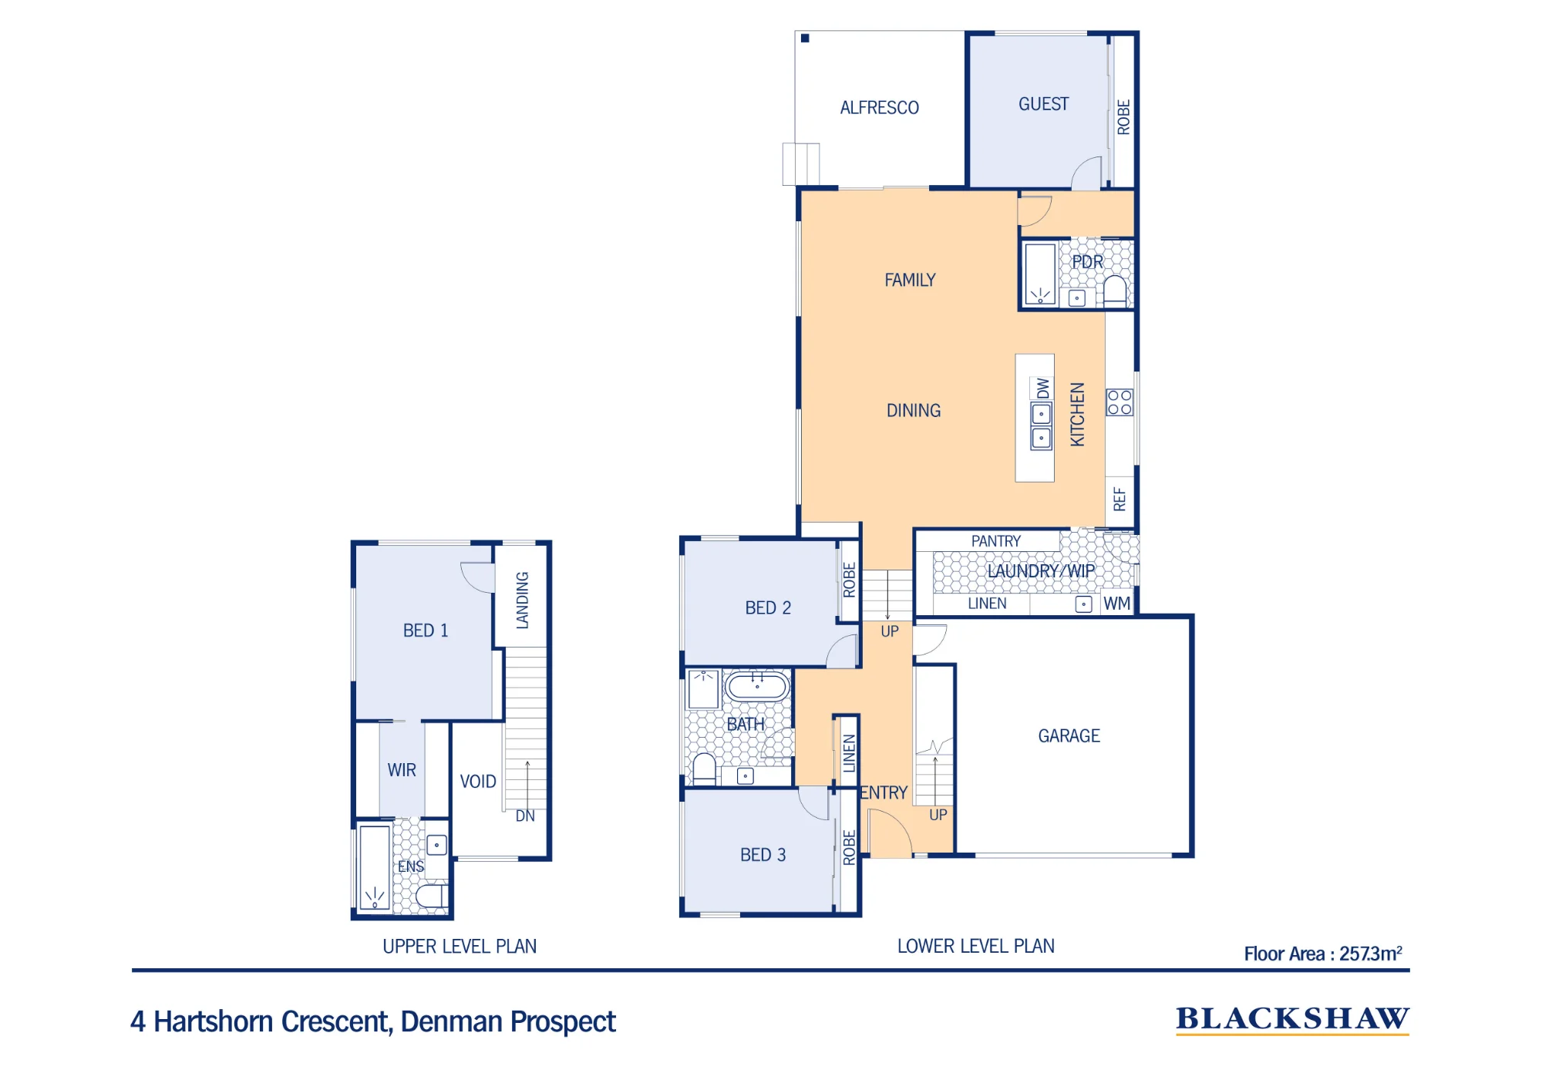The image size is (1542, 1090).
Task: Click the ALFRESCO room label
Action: [879, 108]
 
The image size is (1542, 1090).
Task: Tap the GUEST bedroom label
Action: [1043, 104]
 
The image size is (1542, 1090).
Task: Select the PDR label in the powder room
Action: [1087, 262]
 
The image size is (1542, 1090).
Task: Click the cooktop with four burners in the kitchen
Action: [1119, 402]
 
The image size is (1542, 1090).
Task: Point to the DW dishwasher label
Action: [1042, 388]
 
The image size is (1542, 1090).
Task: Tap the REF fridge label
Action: [1119, 500]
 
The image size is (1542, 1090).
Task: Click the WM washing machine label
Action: [1117, 604]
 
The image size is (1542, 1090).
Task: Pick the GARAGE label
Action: [1069, 736]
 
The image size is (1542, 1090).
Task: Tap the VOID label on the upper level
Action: [478, 782]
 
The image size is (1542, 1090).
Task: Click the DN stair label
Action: [525, 816]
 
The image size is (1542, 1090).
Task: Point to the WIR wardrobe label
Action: [402, 770]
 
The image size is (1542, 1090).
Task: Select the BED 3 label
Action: [763, 855]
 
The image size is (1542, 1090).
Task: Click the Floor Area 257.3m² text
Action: [1323, 954]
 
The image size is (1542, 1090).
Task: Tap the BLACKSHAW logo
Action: [1292, 1020]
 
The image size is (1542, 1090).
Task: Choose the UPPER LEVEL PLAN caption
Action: [460, 947]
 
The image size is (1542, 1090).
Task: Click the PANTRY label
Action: [995, 541]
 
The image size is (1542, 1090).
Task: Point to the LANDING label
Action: [522, 601]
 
